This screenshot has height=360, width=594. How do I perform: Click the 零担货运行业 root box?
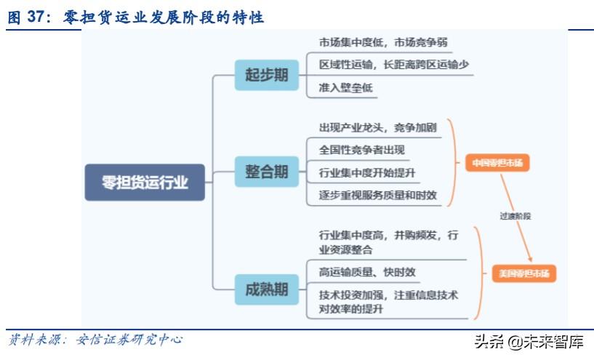point(145,183)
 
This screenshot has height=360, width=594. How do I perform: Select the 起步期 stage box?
point(266,76)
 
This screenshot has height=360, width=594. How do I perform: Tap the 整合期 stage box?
point(266,172)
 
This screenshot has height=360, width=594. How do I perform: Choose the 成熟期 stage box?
point(266,289)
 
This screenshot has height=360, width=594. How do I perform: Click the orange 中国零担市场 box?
point(497,163)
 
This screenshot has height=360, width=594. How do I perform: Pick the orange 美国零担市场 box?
point(523,274)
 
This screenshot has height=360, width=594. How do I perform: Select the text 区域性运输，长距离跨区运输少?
point(393,65)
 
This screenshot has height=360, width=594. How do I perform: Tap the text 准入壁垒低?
point(346,87)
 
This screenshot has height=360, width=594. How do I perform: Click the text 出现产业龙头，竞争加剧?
point(377,128)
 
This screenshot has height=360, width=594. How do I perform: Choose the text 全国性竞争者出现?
point(362,150)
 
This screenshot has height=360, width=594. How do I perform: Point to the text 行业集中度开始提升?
point(367,173)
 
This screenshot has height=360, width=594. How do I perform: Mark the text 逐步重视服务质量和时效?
point(377,194)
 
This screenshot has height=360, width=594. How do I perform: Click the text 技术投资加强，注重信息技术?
point(388,295)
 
